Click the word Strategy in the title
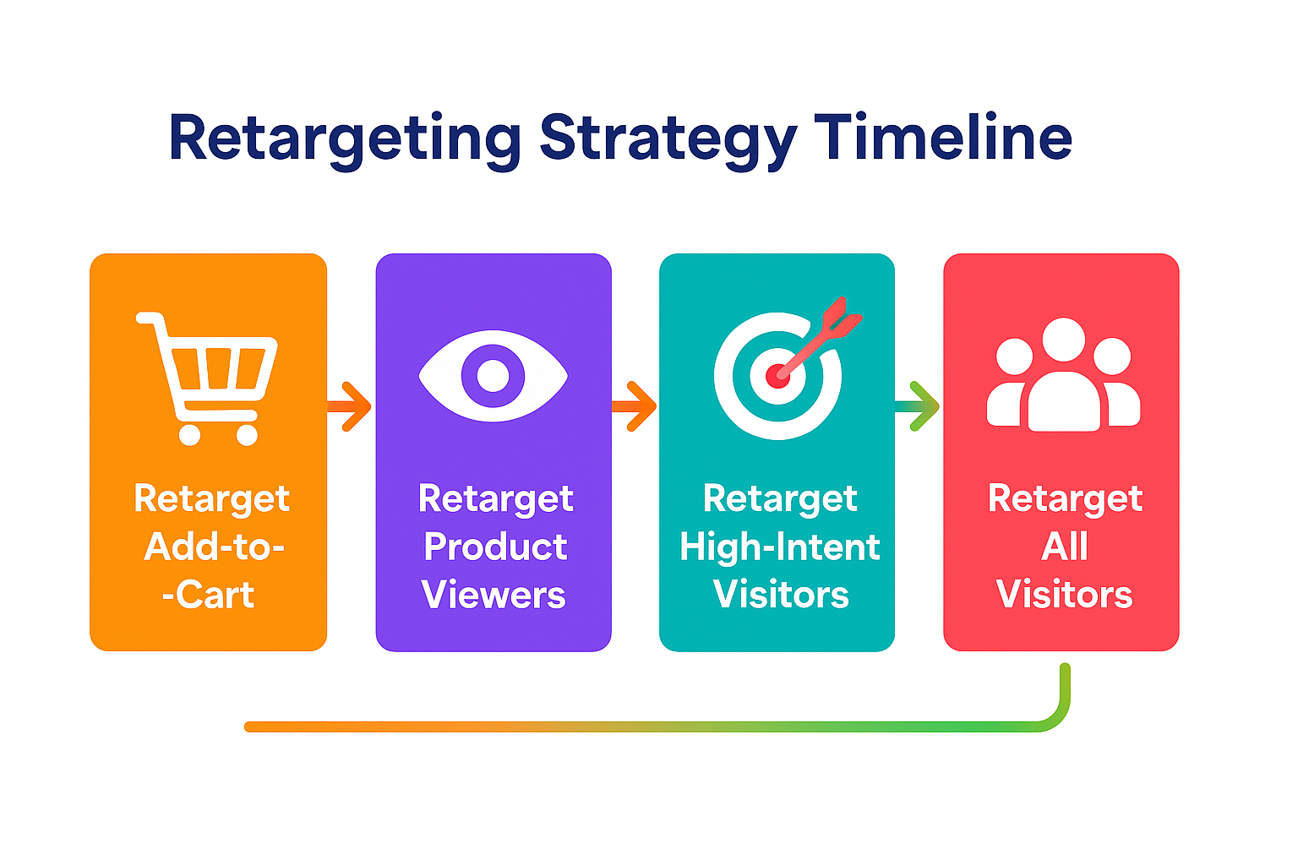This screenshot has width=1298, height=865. pos(668,139)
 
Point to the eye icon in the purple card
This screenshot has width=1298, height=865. pos(494,376)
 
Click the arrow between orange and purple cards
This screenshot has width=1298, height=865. pos(350,406)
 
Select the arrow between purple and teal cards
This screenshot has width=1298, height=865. pos(635,406)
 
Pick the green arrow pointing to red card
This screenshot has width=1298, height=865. pos(919,406)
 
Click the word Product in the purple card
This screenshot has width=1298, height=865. pos(495,547)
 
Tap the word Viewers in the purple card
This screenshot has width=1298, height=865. pos(494,595)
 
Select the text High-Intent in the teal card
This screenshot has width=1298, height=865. pos(779,547)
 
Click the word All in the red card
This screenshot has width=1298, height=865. pos(1064,547)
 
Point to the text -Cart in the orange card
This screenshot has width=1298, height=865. pos(208,595)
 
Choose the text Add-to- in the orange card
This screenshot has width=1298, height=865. pos(214,547)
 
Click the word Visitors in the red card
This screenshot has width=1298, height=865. pos(1064,595)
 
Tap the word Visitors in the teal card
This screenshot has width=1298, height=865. pos(780,595)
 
